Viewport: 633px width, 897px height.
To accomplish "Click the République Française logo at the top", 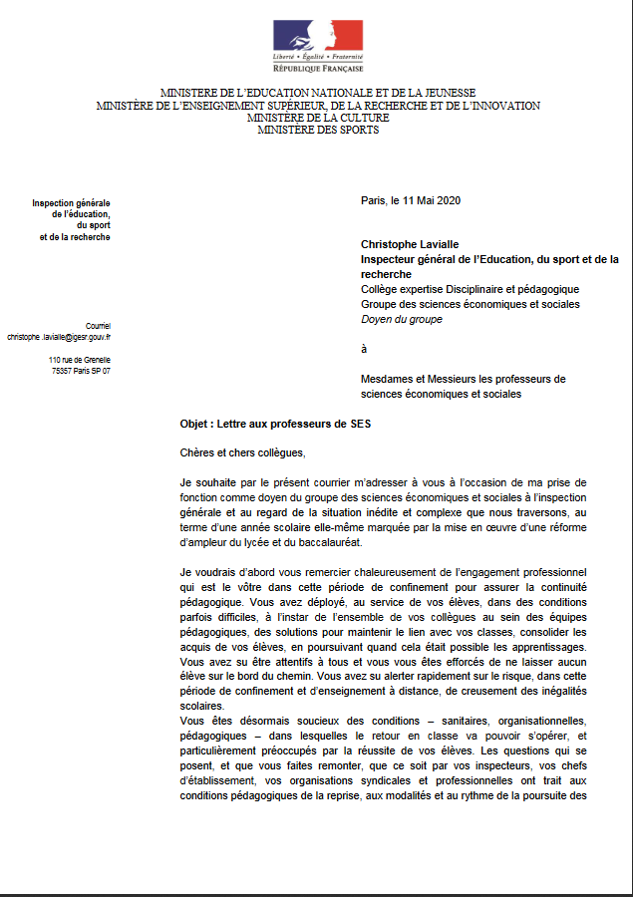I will coord(318,46).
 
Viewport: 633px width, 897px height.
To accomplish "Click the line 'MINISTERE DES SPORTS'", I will coord(318,129).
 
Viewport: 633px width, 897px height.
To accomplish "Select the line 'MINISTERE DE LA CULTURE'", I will coord(318,118).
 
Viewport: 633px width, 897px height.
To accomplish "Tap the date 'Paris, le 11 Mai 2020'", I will coord(410,200).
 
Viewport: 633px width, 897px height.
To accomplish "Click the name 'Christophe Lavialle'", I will coord(409,243).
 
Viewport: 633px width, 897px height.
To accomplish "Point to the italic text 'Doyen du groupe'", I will coord(401,319).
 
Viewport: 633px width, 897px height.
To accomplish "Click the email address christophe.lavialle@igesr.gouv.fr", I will coord(59,338).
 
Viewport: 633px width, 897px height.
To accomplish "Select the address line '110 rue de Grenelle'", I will coord(80,359).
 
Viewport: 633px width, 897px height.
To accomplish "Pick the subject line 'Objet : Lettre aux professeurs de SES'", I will coord(275,424).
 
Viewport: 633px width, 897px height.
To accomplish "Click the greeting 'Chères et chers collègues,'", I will coord(242,452).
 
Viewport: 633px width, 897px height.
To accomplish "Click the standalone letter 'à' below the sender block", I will coord(364,349).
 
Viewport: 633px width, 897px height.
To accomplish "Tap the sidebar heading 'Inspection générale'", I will coord(71,202).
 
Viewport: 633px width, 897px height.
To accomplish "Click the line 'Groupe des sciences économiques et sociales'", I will coord(470,304).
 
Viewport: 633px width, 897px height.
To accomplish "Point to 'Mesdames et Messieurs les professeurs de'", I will coord(463,379).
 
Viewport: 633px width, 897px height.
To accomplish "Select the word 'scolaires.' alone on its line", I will coord(205,706).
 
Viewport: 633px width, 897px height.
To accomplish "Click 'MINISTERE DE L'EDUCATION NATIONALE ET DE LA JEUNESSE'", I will coord(318,93).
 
